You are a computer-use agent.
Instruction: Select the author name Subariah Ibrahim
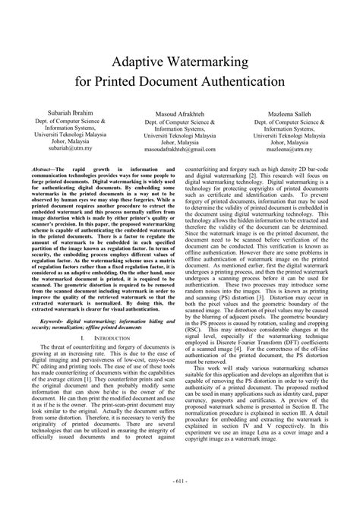65,111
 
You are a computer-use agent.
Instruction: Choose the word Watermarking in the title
207,60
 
